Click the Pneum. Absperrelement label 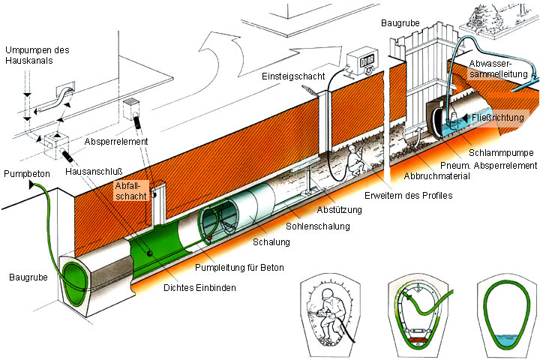pyautogui.click(x=499, y=164)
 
